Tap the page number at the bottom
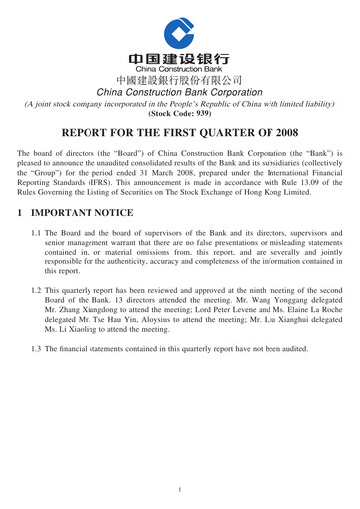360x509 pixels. coord(179,490)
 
